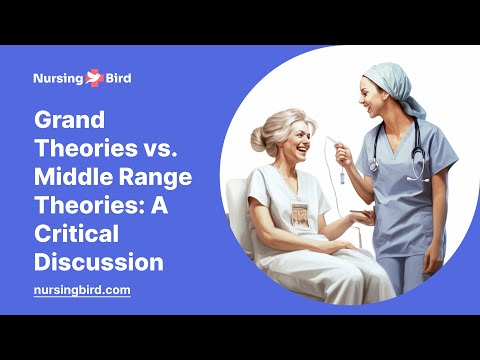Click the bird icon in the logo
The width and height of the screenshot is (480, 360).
[x=95, y=76]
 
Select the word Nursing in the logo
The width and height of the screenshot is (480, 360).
[x=59, y=76]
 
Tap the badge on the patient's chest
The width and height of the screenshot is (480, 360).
[x=299, y=215]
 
